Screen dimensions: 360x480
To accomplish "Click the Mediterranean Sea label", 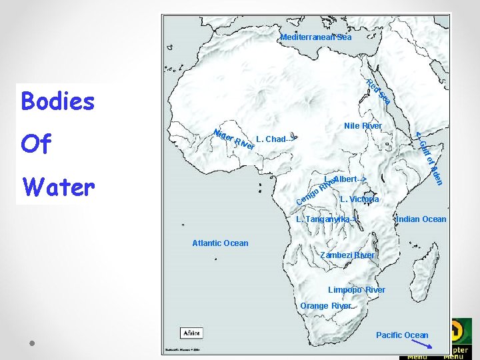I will click(x=315, y=37).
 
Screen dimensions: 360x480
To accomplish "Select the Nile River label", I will click(x=363, y=126).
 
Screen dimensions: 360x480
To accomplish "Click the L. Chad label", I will click(x=274, y=139).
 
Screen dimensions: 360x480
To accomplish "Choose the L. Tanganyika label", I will click(x=327, y=219).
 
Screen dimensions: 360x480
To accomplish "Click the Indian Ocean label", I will click(x=421, y=219).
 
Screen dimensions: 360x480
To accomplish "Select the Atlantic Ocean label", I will click(x=220, y=243).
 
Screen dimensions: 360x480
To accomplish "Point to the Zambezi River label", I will click(x=347, y=255).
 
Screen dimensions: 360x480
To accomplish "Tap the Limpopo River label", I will click(x=356, y=290).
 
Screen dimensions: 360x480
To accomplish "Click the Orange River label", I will click(x=326, y=306).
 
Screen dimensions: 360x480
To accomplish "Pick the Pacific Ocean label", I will click(x=402, y=335).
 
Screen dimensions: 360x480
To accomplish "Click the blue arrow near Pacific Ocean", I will click(x=421, y=344).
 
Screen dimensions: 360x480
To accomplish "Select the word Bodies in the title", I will click(x=58, y=101).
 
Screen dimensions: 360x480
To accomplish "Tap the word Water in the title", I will click(x=58, y=187).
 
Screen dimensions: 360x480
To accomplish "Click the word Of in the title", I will click(x=36, y=144).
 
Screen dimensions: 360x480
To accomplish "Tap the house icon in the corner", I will click(x=458, y=331).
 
